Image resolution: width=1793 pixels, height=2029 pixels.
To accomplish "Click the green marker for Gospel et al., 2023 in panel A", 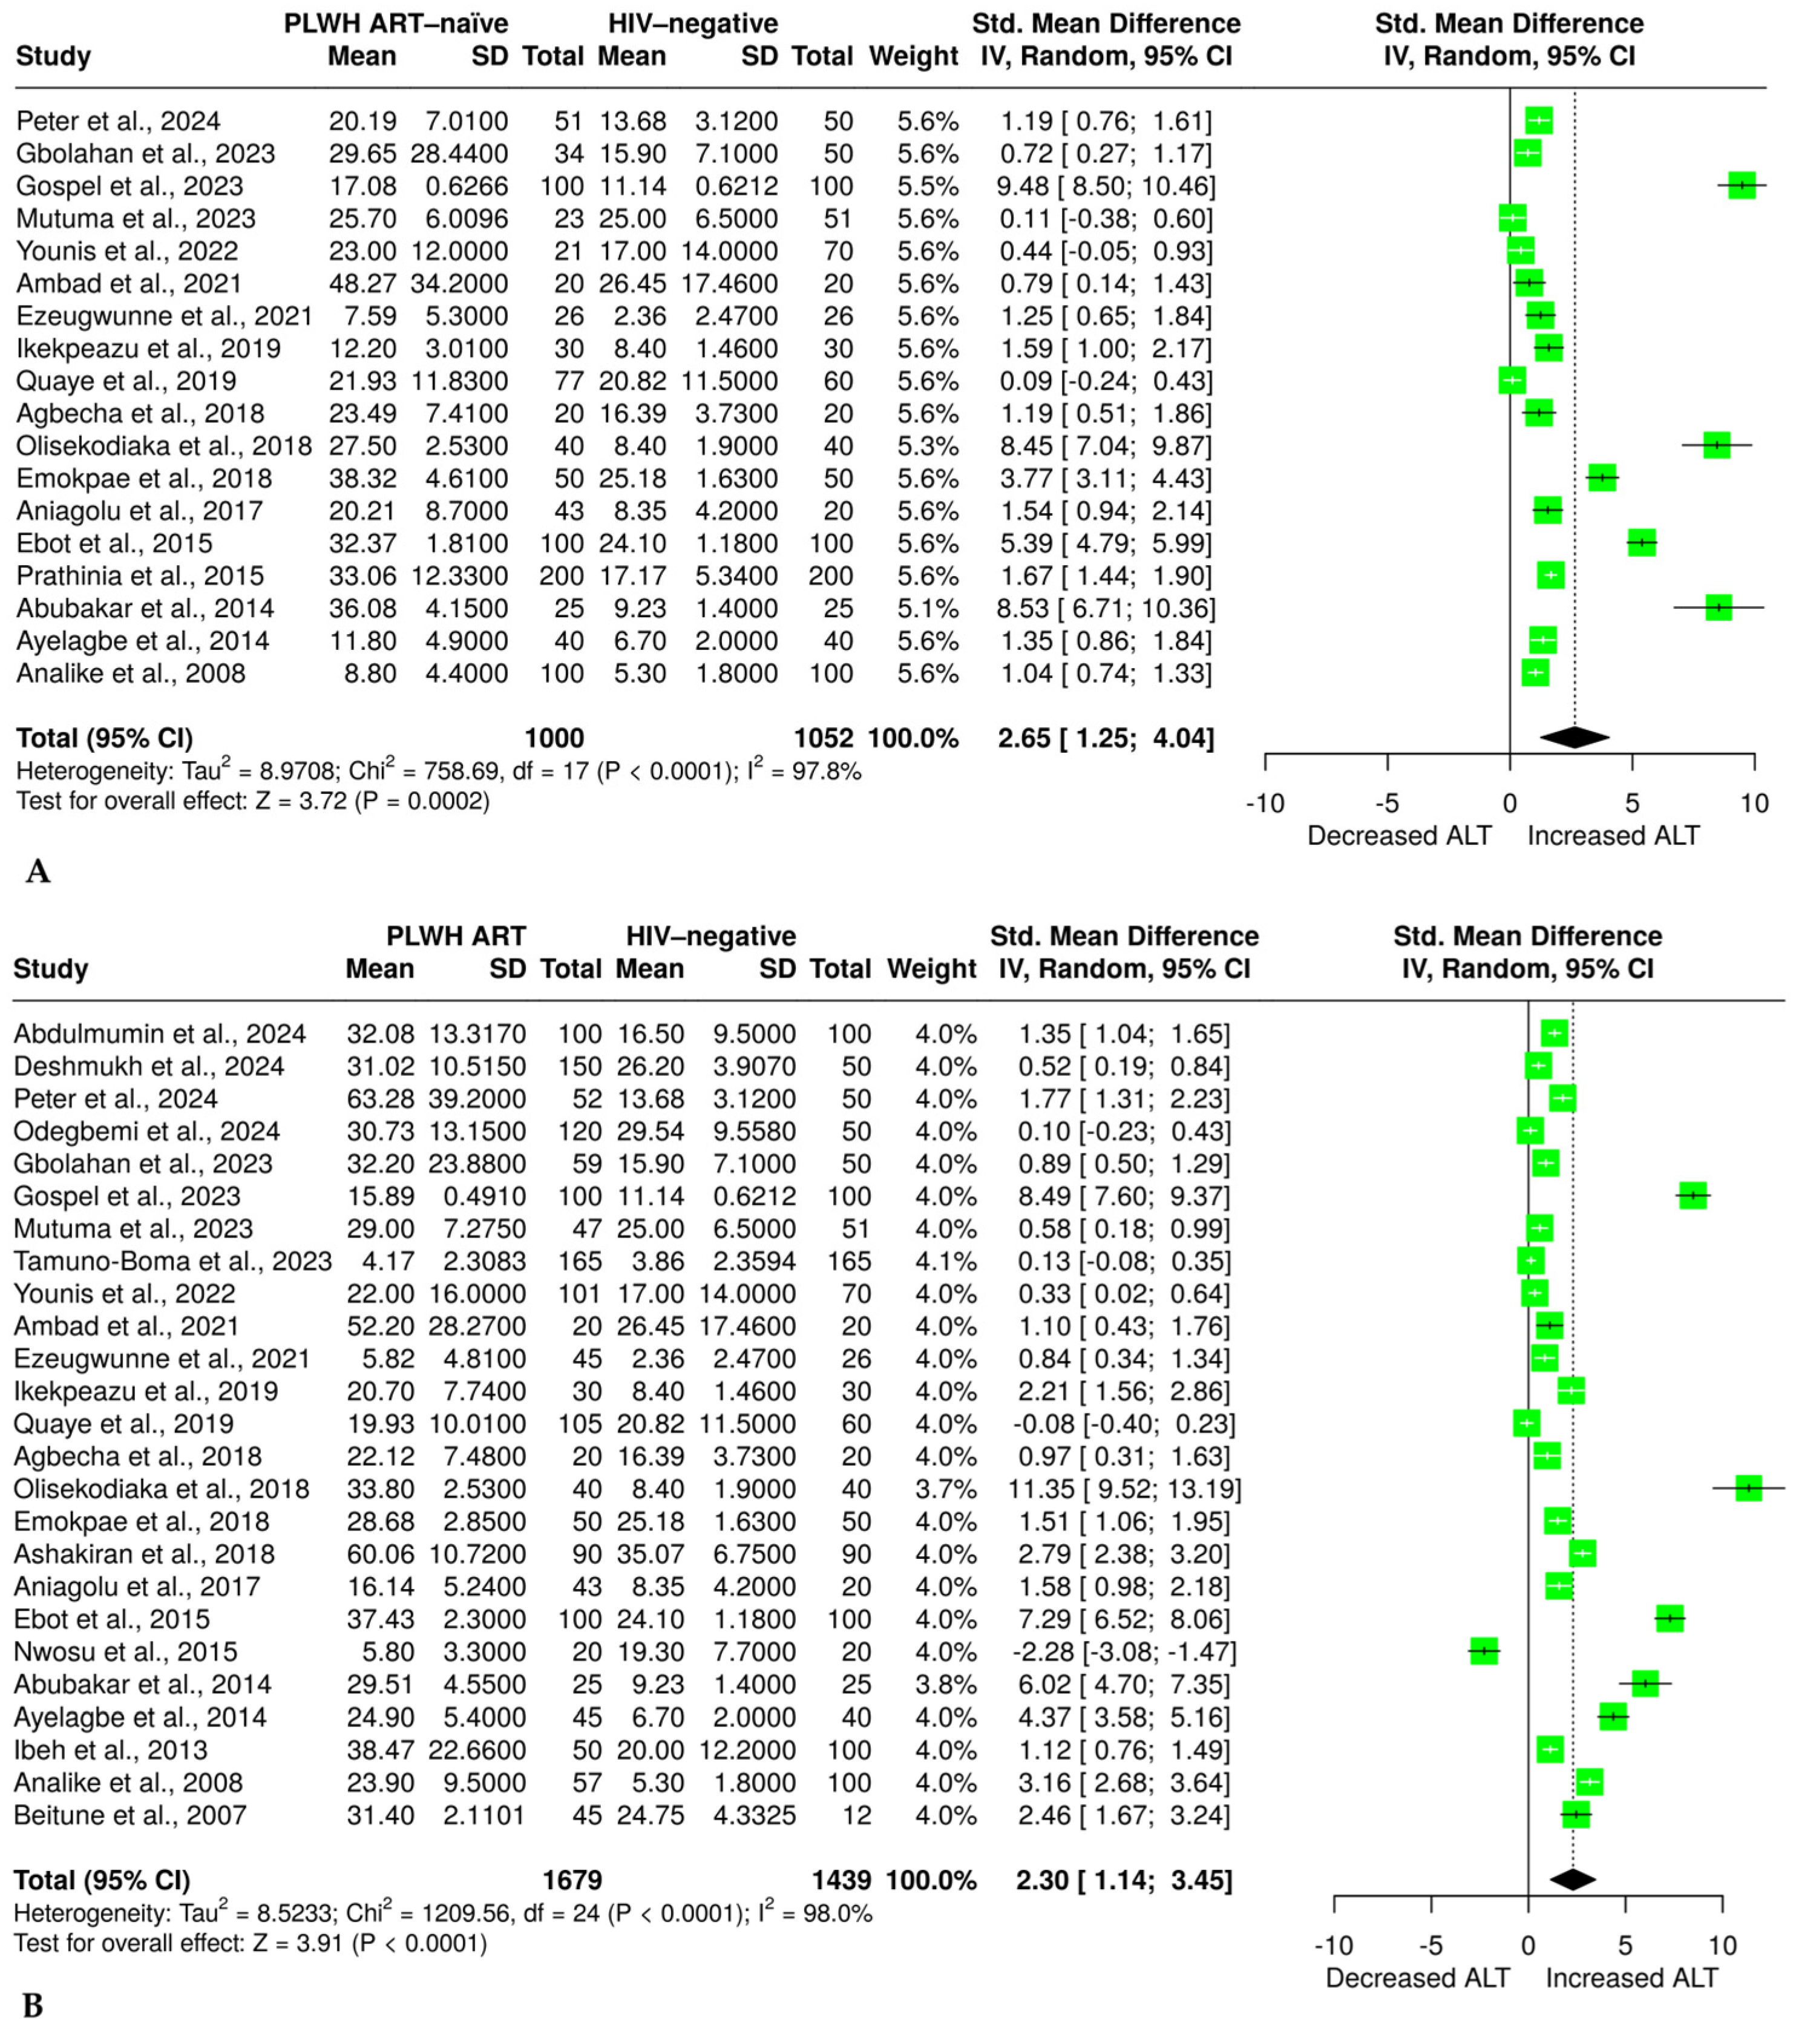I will [1742, 186].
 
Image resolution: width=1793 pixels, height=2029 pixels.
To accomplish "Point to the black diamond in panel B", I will [1573, 1879].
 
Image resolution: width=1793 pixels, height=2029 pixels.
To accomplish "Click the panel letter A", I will [38, 871].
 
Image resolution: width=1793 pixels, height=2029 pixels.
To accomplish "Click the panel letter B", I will [33, 2006].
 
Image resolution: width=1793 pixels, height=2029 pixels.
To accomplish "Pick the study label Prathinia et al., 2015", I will [140, 575].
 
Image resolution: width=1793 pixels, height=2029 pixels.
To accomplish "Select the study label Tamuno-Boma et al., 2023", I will [172, 1260].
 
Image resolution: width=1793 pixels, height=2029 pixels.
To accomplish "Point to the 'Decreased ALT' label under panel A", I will [1399, 836].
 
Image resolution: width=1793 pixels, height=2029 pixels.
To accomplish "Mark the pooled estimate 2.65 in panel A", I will [1024, 738].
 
